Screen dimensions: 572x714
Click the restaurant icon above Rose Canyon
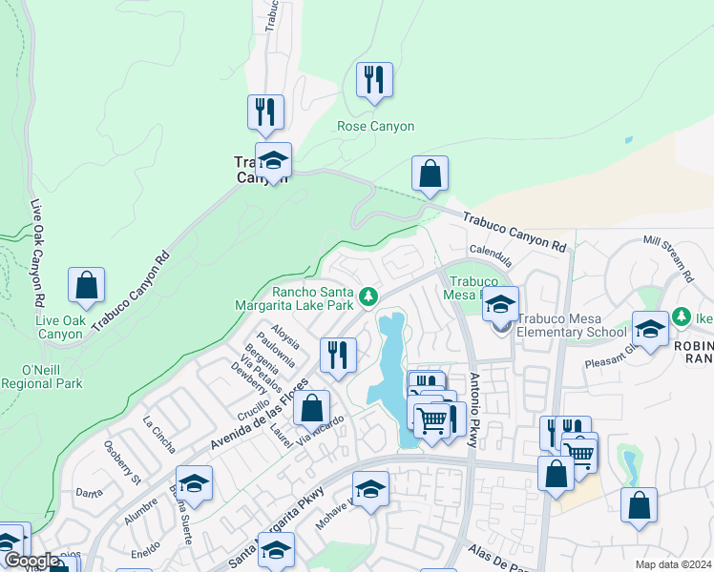tap(374, 80)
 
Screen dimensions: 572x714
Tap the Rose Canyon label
tap(375, 126)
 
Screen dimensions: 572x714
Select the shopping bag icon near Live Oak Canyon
tap(86, 285)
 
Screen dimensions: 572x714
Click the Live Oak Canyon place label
tap(59, 327)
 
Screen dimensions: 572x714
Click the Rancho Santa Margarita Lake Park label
tap(300, 298)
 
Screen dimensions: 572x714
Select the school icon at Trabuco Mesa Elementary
tap(499, 305)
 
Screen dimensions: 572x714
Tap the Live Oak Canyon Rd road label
tap(38, 252)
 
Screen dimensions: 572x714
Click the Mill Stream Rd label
tap(668, 258)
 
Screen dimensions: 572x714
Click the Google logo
tap(32, 561)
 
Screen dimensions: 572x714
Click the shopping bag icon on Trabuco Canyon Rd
tap(430, 174)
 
